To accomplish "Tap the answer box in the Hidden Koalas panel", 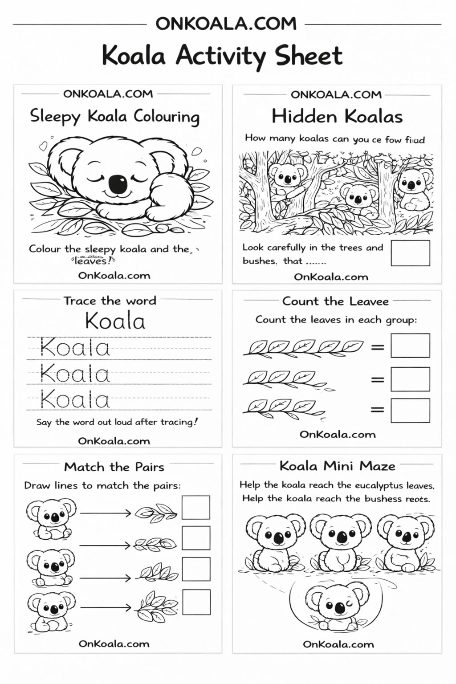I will (x=410, y=253).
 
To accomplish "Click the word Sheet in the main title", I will (x=308, y=56).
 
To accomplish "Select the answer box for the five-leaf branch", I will (x=410, y=346).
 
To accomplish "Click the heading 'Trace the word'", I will (x=110, y=301).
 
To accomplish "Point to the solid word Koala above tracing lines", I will (x=115, y=321).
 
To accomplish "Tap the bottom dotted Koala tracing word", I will (x=75, y=399).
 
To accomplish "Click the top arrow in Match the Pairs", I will (x=106, y=513).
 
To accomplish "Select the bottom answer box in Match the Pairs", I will (x=196, y=602).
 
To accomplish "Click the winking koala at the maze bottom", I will (x=338, y=607).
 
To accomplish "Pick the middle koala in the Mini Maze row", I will (x=340, y=542).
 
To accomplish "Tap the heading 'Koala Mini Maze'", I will (x=337, y=466).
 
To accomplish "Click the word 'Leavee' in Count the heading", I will (x=369, y=301).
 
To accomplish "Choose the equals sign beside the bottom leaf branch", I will (x=377, y=409).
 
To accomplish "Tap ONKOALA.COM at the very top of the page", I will (x=226, y=23).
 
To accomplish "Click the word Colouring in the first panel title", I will (x=167, y=117).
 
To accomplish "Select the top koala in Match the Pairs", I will (x=50, y=518).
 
